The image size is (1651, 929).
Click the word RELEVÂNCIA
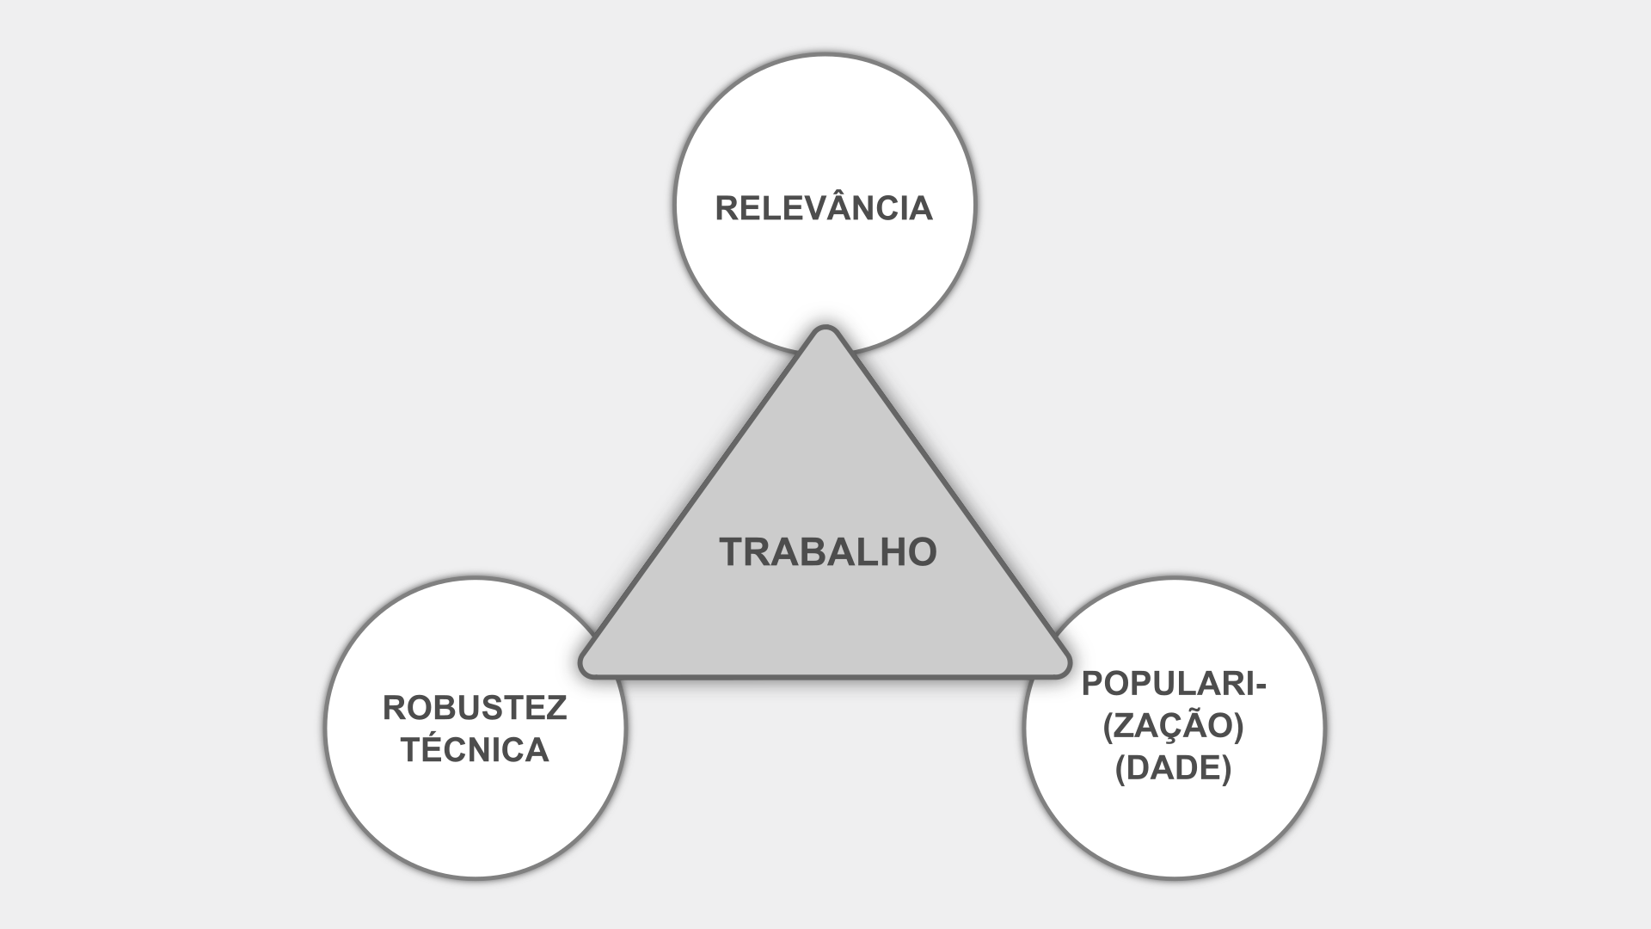[824, 208]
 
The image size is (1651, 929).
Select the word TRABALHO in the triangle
[827, 551]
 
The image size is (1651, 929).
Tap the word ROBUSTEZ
[475, 708]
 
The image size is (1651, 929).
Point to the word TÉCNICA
[475, 750]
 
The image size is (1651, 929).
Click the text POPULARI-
[1175, 684]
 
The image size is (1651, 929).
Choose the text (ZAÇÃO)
[1173, 727]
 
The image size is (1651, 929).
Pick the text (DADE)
[1173, 769]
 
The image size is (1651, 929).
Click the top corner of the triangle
[825, 332]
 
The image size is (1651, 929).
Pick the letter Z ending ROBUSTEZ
[556, 708]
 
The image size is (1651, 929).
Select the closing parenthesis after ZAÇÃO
[1239, 728]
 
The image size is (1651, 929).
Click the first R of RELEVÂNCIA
[727, 208]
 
